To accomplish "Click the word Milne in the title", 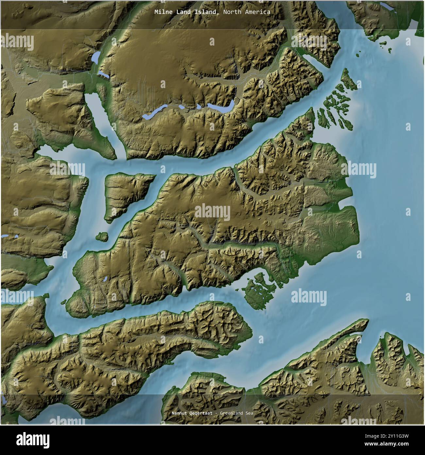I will point(162,12).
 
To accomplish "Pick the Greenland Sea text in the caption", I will point(236,413).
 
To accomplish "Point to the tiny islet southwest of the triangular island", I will point(102,236).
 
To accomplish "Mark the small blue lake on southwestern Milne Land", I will point(105,279).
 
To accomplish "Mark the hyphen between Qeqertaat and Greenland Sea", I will point(216,413).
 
